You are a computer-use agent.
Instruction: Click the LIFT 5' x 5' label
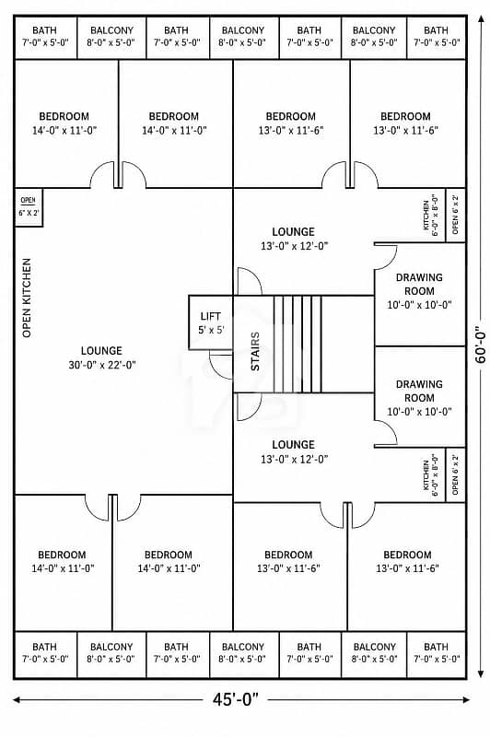(x=211, y=323)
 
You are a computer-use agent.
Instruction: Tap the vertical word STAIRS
(x=255, y=351)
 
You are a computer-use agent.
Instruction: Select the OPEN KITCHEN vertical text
(x=27, y=298)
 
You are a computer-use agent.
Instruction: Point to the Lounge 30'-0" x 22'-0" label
(x=102, y=357)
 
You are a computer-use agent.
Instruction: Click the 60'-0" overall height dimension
(x=481, y=345)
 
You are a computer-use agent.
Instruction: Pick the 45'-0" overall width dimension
(x=236, y=699)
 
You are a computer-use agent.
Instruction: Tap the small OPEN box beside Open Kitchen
(x=29, y=207)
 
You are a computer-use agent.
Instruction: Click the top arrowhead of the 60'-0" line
(x=481, y=18)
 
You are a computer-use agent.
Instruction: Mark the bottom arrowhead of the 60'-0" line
(x=481, y=673)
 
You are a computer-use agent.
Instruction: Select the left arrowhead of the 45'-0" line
(x=17, y=700)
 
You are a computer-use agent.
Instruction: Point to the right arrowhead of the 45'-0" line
(x=465, y=700)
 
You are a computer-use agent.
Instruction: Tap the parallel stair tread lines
(x=297, y=344)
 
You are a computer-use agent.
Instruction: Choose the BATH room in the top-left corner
(x=45, y=37)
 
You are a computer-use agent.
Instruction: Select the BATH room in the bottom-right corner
(x=437, y=654)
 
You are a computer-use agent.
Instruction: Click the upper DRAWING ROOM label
(x=419, y=291)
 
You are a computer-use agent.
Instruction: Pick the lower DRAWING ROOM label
(x=419, y=398)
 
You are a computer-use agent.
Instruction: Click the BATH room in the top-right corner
(x=437, y=37)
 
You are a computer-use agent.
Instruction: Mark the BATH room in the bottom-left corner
(x=45, y=654)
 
